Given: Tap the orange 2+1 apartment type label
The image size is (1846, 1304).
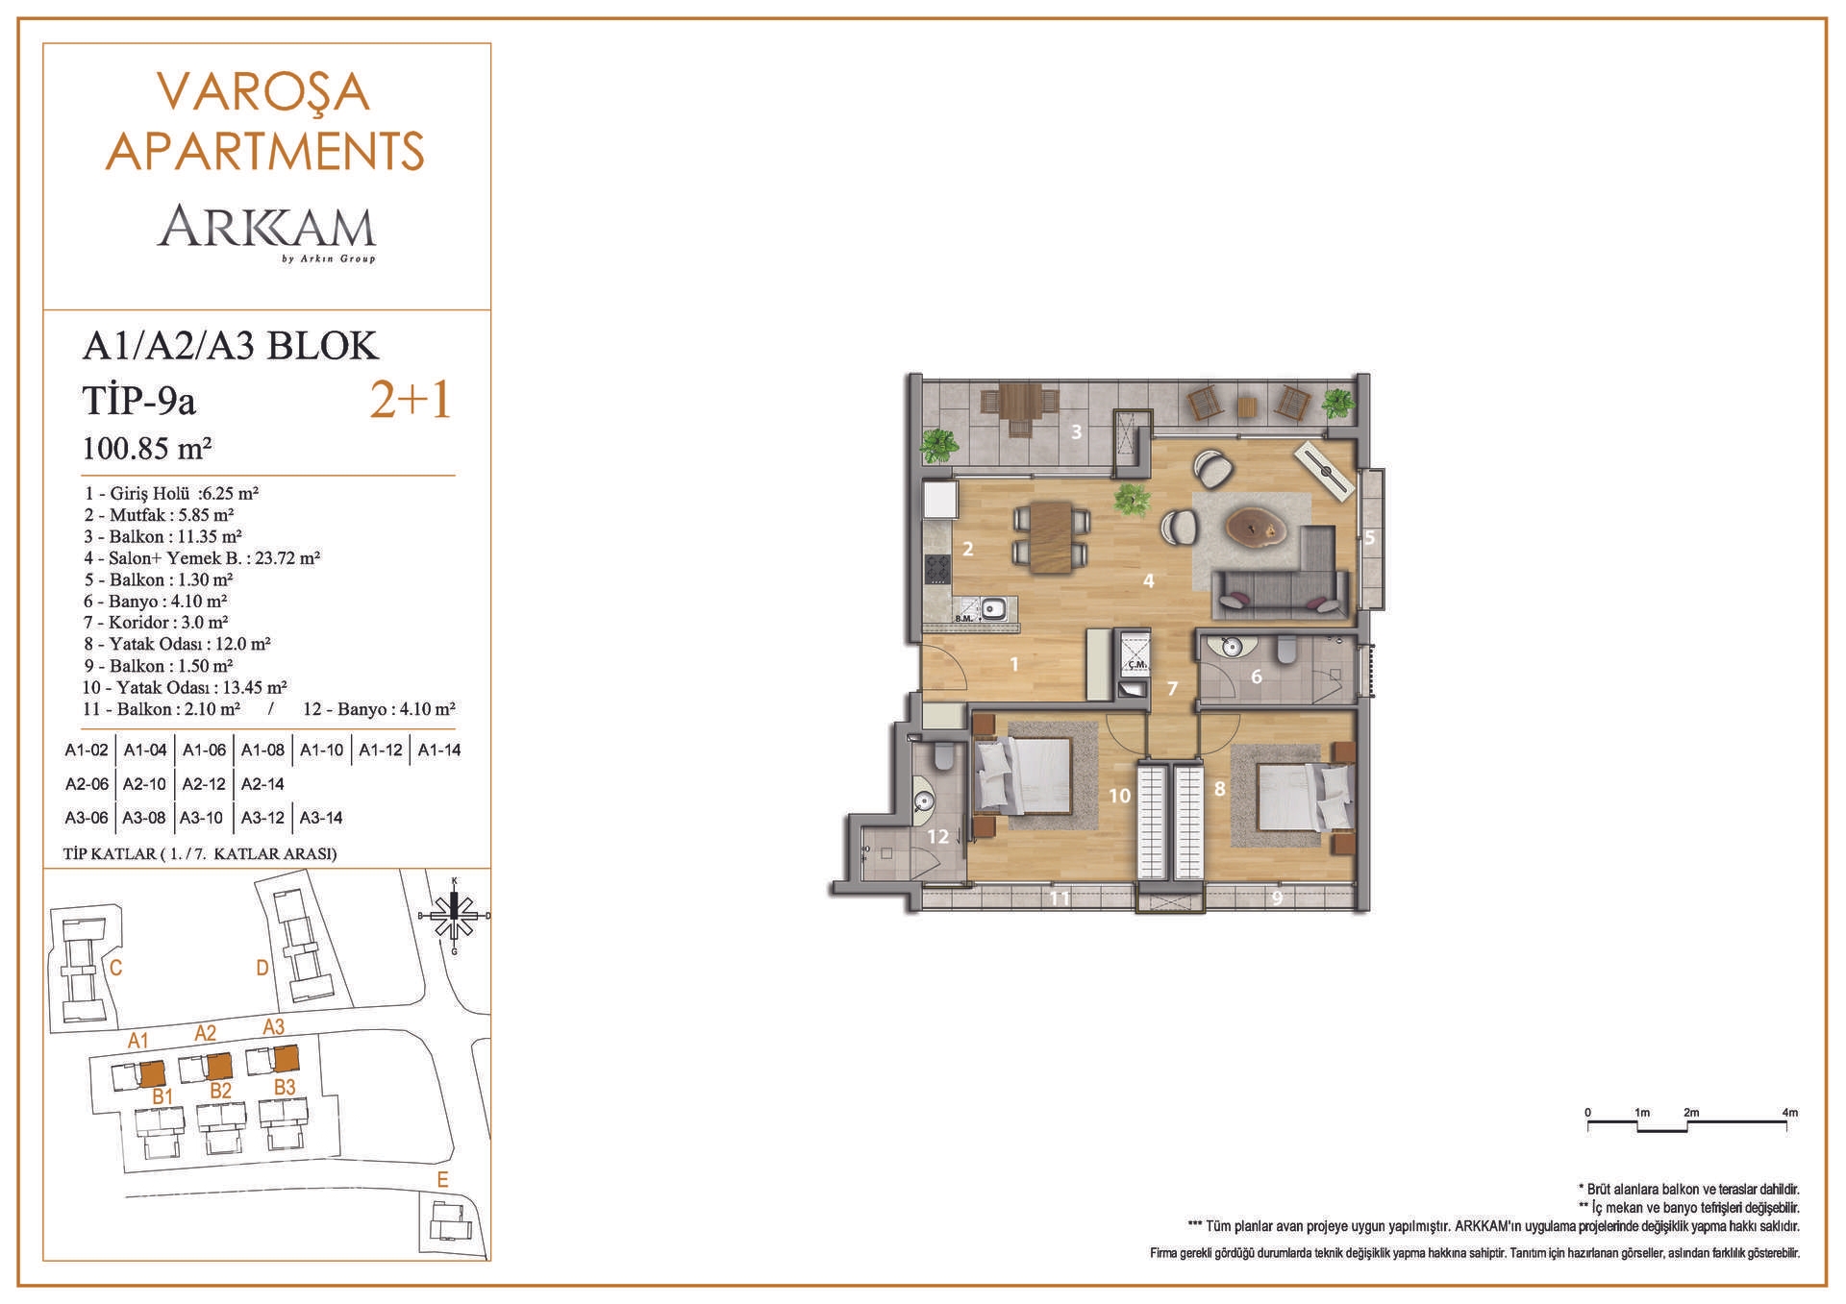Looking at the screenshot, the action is tap(411, 400).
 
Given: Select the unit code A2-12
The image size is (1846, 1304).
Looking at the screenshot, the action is tap(204, 784).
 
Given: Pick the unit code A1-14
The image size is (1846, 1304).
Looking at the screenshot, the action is tap(439, 750).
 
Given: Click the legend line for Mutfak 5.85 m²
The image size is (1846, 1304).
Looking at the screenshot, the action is tap(160, 515).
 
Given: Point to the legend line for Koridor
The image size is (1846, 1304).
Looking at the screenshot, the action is tap(156, 623).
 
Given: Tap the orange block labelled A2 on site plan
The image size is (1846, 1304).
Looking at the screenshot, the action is tap(219, 1067).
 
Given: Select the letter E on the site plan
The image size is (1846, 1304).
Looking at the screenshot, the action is tap(442, 1180).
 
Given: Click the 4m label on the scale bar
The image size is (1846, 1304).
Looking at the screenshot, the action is tap(1789, 1113).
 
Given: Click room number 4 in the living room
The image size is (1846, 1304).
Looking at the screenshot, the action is tap(1148, 580).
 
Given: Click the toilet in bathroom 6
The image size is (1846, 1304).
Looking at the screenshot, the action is tap(1286, 651).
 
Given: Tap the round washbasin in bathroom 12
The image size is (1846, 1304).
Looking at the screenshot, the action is tap(924, 802).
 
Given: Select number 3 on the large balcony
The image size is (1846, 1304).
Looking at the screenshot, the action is tap(1077, 432).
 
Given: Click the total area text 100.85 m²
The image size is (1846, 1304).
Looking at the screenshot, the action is tap(147, 449).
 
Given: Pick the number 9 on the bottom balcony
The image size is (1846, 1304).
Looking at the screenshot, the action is tap(1277, 899).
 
